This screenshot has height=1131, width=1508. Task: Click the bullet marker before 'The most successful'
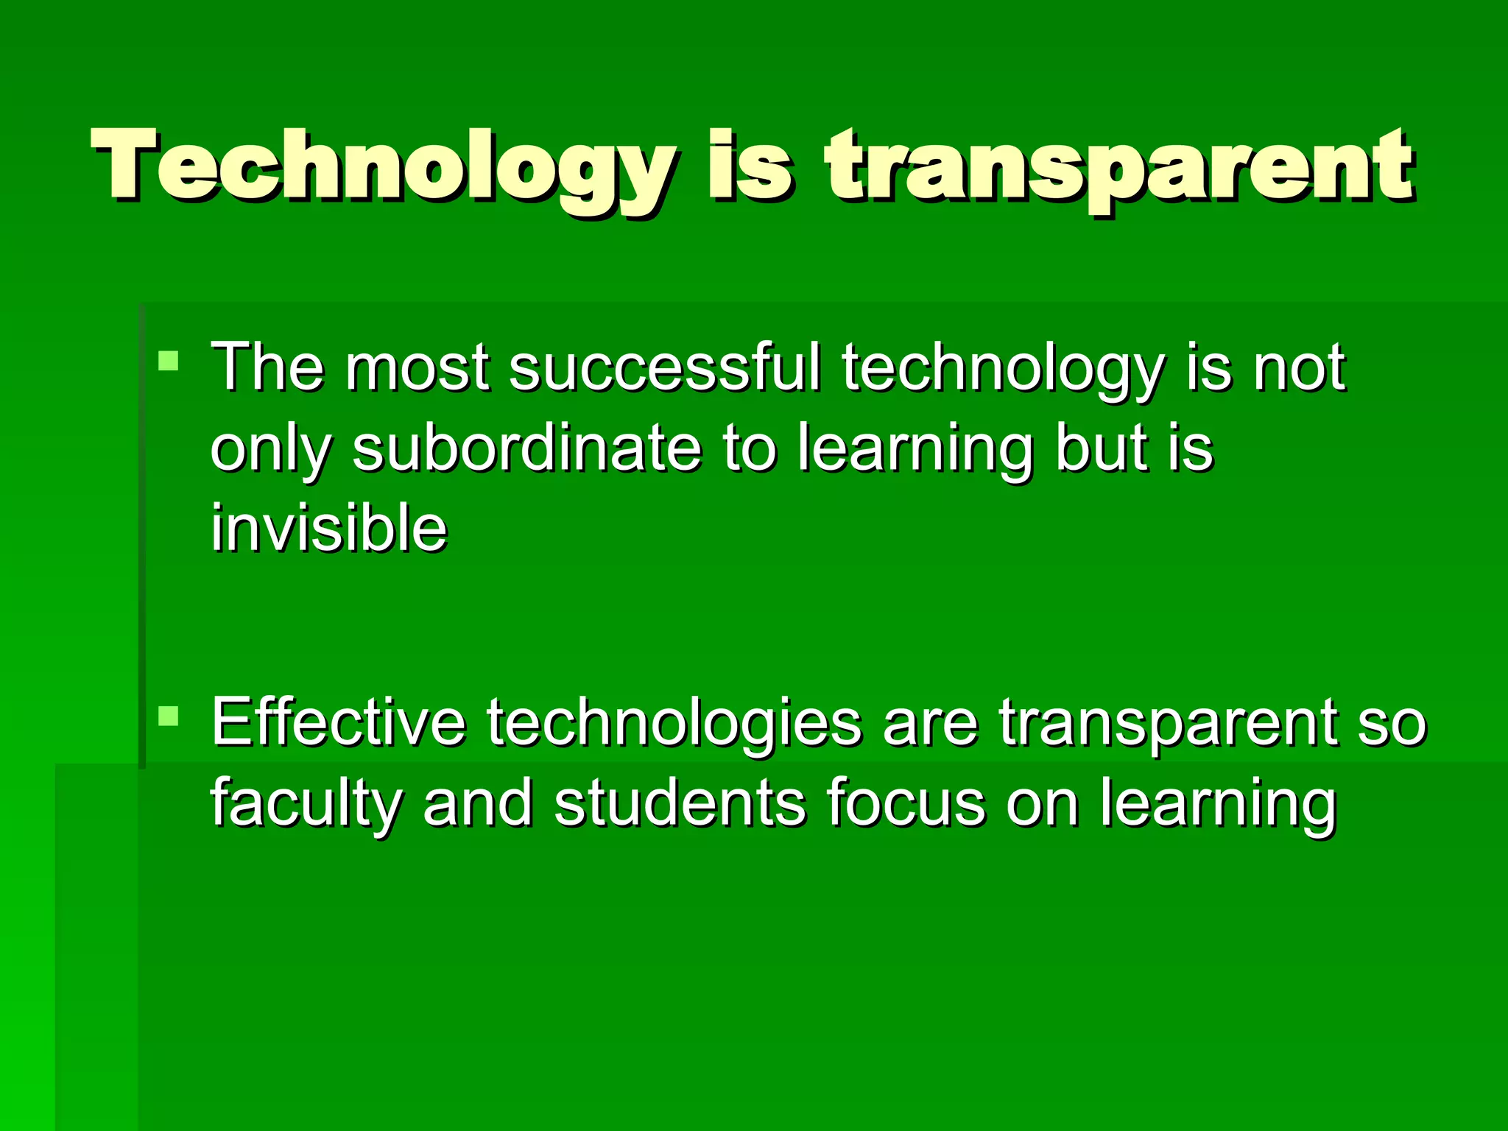click(168, 361)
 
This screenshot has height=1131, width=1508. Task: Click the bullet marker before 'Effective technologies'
click(168, 715)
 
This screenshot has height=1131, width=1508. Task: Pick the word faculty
click(306, 804)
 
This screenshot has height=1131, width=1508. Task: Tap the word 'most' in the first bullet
click(417, 368)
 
